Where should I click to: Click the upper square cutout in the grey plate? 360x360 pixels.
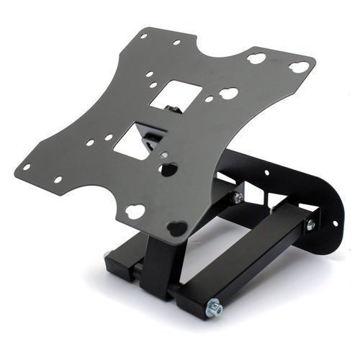click(176, 94)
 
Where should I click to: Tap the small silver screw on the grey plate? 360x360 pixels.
click(164, 155)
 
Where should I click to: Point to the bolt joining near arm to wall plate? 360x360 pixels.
click(310, 225)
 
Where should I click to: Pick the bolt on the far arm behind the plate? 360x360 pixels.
click(237, 197)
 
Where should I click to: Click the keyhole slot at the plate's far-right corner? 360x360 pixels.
click(299, 67)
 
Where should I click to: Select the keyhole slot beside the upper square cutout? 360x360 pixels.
click(228, 93)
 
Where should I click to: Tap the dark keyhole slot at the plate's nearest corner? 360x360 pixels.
click(177, 228)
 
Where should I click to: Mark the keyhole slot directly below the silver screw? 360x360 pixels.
click(168, 170)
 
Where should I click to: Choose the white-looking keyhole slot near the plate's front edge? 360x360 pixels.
click(135, 212)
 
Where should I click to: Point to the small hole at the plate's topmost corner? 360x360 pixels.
click(144, 35)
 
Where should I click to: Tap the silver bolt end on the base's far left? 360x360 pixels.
click(108, 254)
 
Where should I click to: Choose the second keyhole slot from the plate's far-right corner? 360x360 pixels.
click(256, 58)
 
